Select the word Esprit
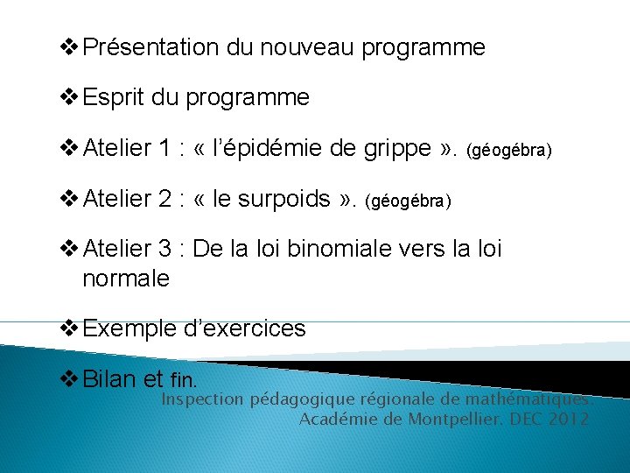114,97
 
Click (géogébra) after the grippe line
510,151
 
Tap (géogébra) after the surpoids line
408,201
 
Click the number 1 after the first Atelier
164,149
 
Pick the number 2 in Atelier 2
164,200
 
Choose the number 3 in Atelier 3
164,249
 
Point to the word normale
125,279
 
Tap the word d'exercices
244,328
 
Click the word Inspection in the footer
203,399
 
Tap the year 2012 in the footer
569,419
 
